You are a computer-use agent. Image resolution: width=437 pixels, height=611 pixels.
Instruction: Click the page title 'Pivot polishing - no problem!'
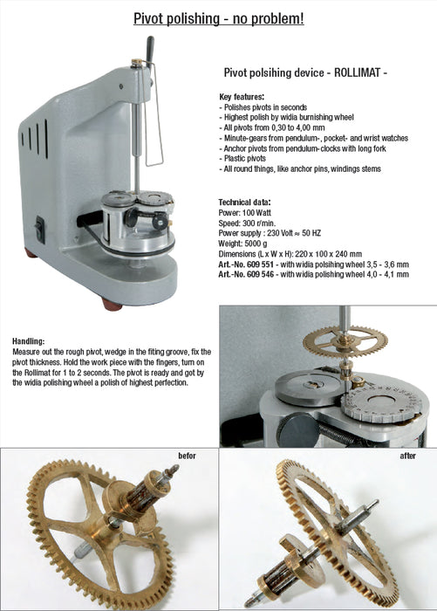218,17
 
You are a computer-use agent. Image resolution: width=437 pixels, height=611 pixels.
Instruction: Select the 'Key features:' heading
242,97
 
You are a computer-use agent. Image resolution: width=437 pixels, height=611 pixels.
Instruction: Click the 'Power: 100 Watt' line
246,211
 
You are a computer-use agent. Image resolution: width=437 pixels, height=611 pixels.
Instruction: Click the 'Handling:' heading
30,340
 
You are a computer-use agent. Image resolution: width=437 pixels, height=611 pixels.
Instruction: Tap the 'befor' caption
186,456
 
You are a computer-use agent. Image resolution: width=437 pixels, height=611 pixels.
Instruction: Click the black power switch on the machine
40,229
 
